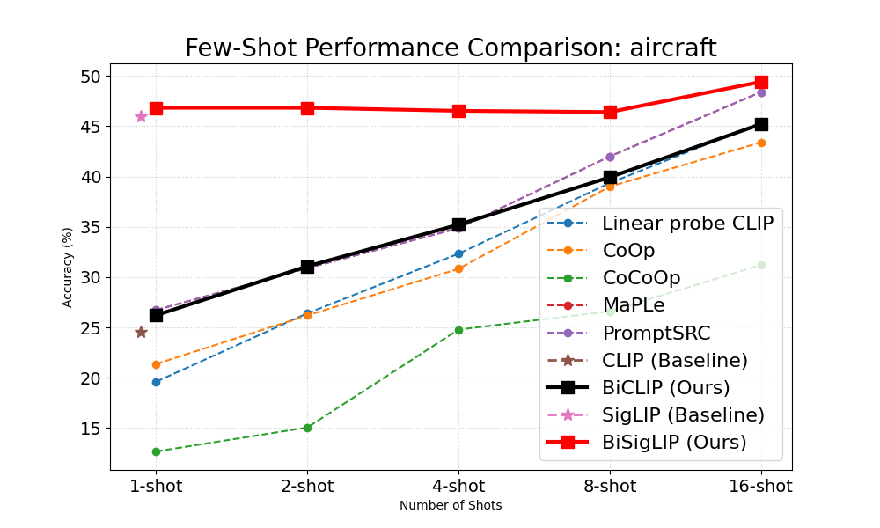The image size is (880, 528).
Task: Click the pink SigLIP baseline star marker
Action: click(x=141, y=116)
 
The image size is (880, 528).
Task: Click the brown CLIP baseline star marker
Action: click(x=141, y=332)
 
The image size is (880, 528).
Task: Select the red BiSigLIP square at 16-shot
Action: click(x=761, y=82)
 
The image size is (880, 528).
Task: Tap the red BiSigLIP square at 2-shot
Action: click(x=307, y=108)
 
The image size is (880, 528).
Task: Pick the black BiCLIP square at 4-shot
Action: click(x=458, y=224)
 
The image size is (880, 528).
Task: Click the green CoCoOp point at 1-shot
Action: click(x=156, y=451)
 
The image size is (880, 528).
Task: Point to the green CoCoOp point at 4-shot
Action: click(x=458, y=330)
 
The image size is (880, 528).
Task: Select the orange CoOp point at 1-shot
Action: click(x=156, y=364)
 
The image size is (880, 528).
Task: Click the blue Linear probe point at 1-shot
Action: click(x=156, y=382)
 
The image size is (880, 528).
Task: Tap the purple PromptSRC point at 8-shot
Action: click(x=610, y=157)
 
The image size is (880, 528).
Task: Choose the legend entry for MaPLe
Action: click(x=633, y=305)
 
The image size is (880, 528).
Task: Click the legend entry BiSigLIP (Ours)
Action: click(x=674, y=442)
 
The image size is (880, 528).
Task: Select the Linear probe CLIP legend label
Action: click(x=687, y=224)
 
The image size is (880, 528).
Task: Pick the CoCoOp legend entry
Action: click(x=641, y=278)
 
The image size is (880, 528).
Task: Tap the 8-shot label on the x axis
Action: click(x=610, y=486)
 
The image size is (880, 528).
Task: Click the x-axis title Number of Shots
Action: click(x=451, y=505)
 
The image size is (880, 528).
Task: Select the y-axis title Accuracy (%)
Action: click(x=68, y=267)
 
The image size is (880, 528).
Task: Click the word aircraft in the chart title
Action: click(x=673, y=48)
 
